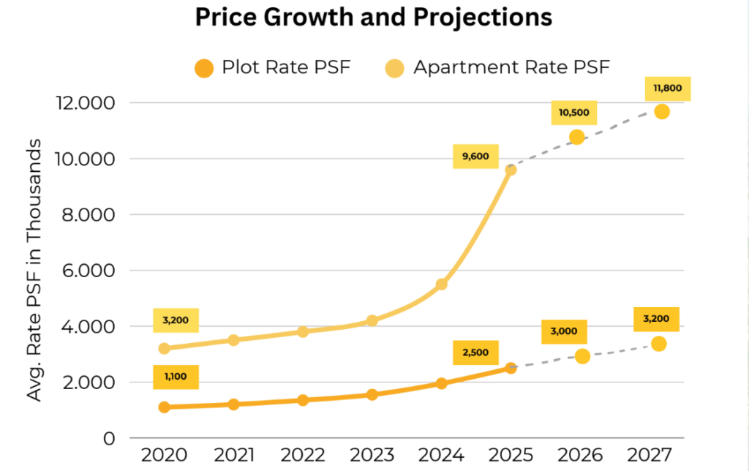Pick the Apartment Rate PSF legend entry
[497, 68]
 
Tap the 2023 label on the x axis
[372, 454]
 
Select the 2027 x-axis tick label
[649, 454]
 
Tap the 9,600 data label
[475, 155]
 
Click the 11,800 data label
[667, 88]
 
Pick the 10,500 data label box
[574, 113]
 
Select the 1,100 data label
[176, 376]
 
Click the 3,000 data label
[564, 331]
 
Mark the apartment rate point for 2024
[441, 284]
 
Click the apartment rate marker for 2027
[662, 111]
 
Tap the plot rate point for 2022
[303, 400]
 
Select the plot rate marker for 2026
[582, 356]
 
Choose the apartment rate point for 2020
[164, 348]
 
